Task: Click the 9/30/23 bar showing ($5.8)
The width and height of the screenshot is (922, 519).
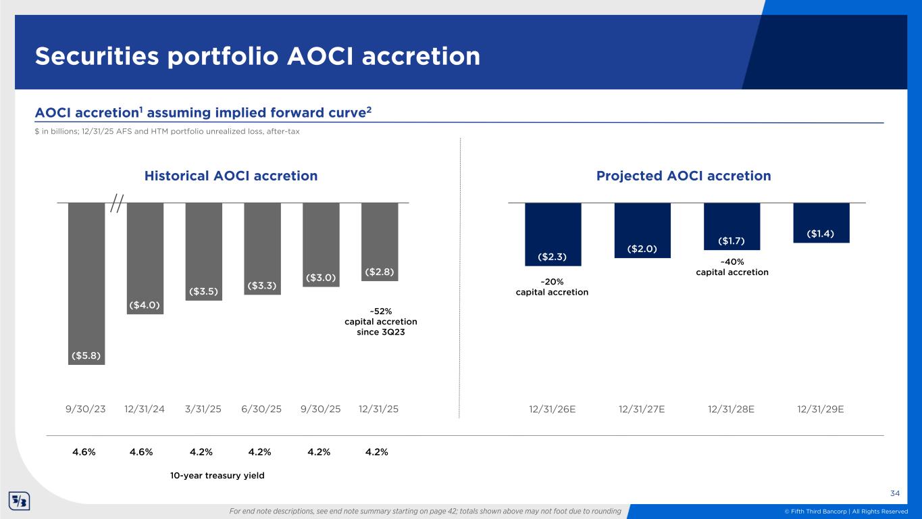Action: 86,283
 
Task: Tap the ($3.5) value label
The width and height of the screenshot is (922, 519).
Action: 203,291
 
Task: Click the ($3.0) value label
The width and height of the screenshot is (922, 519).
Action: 321,278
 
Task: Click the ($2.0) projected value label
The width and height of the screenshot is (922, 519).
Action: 642,249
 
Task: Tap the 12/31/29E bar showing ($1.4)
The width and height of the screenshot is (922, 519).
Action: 821,222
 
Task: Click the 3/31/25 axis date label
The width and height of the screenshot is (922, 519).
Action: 203,409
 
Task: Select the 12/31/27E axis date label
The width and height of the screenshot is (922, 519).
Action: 642,409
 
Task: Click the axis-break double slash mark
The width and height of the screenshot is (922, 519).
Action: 118,202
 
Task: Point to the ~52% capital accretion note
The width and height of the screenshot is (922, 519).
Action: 381,322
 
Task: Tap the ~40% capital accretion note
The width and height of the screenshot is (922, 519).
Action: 732,267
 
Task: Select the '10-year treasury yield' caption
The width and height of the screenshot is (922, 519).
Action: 217,476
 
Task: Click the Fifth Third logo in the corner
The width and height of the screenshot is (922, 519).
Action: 18,501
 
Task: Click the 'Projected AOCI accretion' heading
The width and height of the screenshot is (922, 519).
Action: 683,176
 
